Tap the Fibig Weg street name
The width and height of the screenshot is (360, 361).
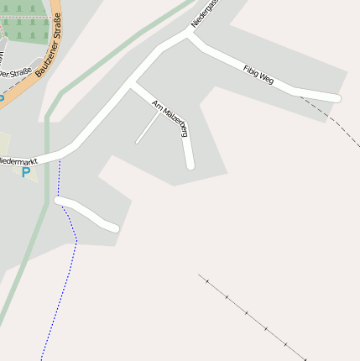point(258,76)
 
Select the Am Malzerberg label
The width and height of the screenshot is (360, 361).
point(170,118)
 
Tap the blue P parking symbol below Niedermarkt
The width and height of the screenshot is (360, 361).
point(25,173)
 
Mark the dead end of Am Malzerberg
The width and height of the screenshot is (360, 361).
point(190,165)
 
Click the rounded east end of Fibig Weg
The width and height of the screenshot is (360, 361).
point(336,98)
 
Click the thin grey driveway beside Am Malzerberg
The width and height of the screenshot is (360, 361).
point(148,128)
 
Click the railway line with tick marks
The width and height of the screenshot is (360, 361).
point(252,317)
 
